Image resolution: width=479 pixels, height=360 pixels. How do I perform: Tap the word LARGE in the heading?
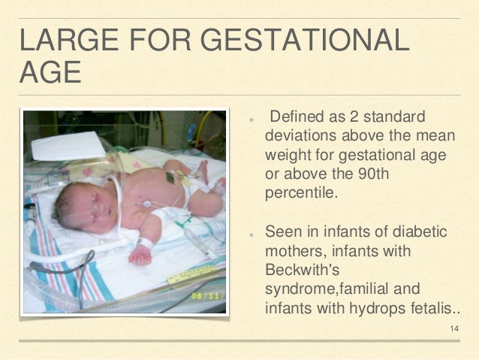(x=70, y=39)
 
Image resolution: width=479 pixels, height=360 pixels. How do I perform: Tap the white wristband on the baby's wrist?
(x=145, y=244)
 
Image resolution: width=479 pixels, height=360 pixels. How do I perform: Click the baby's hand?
(x=140, y=256)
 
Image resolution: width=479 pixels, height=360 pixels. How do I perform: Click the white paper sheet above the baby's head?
(x=68, y=146)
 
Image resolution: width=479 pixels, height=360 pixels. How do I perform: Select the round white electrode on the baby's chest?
(x=148, y=204)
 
